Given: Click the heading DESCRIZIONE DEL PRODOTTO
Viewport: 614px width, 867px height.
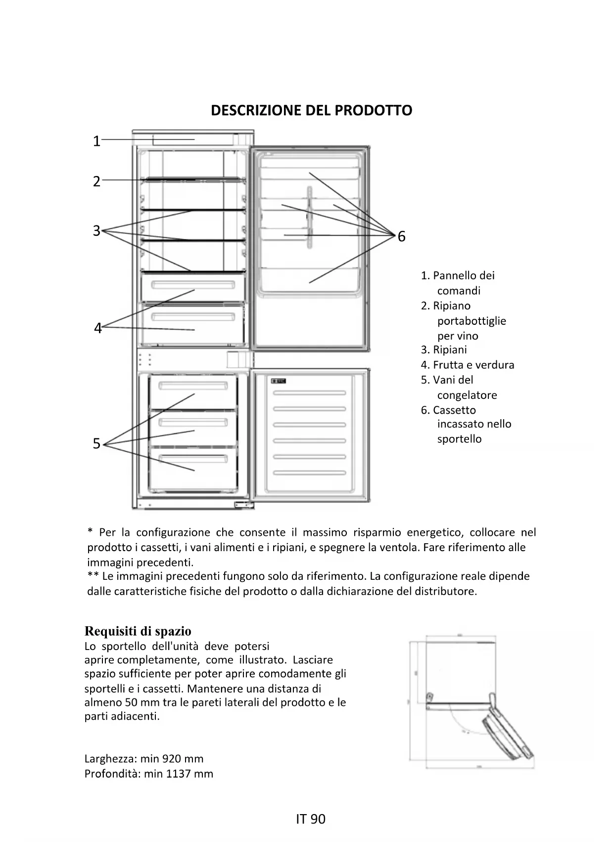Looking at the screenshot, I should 311,110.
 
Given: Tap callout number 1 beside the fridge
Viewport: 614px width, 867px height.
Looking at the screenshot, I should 96,141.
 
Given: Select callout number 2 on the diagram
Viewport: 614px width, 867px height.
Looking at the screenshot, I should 96,181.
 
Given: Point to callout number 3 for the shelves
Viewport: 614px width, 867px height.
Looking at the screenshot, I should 96,231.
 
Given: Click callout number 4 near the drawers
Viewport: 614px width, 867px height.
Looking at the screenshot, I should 97,328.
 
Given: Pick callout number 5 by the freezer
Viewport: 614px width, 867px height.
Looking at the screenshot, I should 96,444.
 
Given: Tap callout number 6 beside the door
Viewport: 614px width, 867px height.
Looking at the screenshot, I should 401,237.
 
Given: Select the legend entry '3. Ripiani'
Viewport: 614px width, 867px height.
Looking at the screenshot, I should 444,350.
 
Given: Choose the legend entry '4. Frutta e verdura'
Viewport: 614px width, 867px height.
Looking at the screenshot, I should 468,365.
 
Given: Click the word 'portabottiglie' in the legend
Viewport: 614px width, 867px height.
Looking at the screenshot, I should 472,321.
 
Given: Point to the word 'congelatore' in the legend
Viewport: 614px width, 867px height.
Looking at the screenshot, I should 467,395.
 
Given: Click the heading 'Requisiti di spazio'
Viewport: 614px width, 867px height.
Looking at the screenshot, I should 138,631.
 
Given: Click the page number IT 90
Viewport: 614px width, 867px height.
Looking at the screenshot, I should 311,819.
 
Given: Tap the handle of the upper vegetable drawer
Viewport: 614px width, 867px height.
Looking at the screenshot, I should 193,285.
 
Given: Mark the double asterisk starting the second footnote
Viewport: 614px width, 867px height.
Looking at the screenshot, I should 93,576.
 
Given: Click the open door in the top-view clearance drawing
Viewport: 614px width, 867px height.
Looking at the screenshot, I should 510,732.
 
